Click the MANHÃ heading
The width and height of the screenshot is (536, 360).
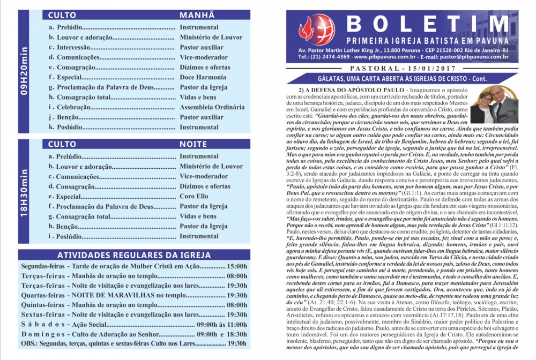(x=197, y=16)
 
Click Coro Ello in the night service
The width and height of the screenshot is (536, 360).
(x=194, y=196)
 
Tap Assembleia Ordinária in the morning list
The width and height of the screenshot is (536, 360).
(x=212, y=107)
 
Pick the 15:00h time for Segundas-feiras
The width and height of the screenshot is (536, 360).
(x=237, y=266)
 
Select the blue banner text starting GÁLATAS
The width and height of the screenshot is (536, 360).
(x=403, y=79)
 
